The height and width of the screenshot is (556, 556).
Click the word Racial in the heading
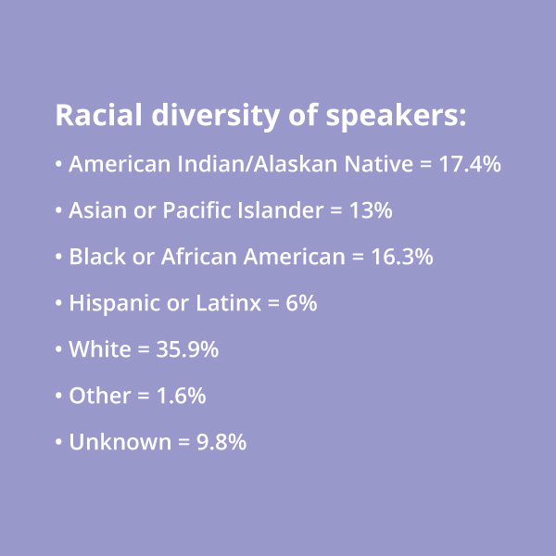98,115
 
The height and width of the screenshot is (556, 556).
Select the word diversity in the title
216,117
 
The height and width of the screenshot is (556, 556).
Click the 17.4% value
470,164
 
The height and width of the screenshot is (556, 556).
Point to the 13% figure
371,210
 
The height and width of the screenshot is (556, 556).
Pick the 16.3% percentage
402,257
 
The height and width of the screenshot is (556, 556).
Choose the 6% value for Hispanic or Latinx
301,303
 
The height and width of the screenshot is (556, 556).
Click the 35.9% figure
187,349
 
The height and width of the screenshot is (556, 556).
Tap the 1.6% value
182,396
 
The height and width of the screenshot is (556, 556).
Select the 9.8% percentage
221,442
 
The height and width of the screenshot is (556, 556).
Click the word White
100,349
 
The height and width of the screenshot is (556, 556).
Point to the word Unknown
120,442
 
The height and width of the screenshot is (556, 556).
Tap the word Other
100,396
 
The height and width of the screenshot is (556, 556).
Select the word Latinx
228,303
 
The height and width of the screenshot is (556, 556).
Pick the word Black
97,257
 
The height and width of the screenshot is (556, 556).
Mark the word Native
379,164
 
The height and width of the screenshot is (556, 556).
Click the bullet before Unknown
58,442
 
